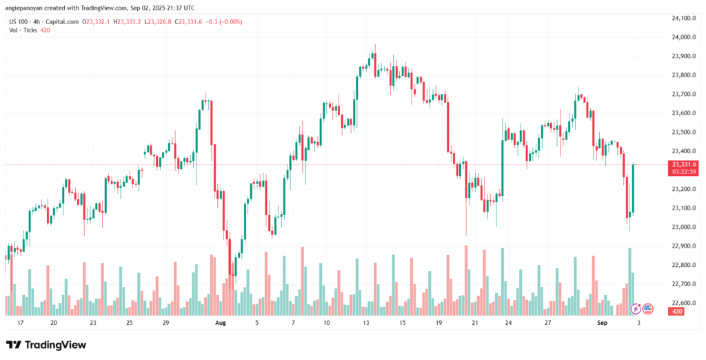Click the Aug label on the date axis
[221, 322]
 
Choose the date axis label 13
[365, 322]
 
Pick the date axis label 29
[165, 322]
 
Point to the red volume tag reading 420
[676, 312]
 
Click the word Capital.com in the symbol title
[63, 21]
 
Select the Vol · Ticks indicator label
[25, 30]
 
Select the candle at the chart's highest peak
[375, 55]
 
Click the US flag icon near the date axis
[648, 308]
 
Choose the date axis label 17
[21, 322]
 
